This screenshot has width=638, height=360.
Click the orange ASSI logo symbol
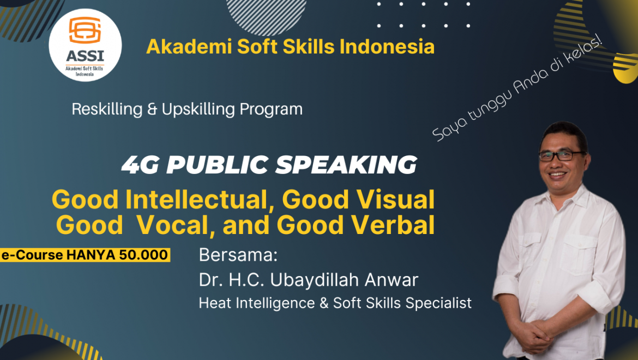point(85,30)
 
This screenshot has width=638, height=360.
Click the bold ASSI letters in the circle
point(85,56)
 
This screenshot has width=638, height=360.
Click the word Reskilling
point(107,110)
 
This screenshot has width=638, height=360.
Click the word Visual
point(395,200)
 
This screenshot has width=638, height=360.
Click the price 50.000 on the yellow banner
point(143,255)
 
